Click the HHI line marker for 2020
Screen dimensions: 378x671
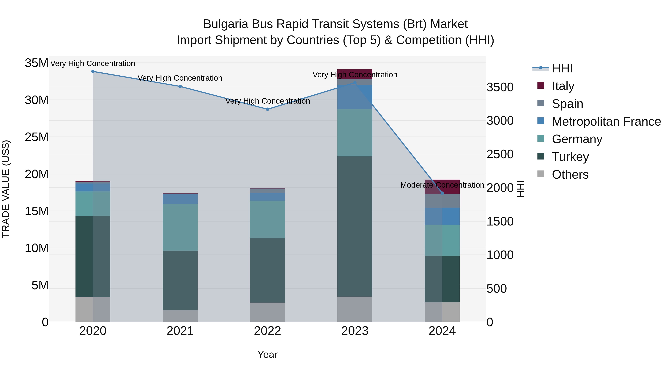93,71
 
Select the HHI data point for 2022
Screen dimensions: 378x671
267,109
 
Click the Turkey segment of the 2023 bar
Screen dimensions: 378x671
355,226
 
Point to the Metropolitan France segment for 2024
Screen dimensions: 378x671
442,216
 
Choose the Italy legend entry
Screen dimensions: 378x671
563,86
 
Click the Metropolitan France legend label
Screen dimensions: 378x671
606,122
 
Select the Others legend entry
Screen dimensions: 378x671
570,175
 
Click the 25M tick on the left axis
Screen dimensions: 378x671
37,137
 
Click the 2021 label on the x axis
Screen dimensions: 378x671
180,331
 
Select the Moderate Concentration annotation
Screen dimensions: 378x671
442,185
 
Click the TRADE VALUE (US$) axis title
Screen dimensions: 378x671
6,189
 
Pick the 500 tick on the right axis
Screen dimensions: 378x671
497,289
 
